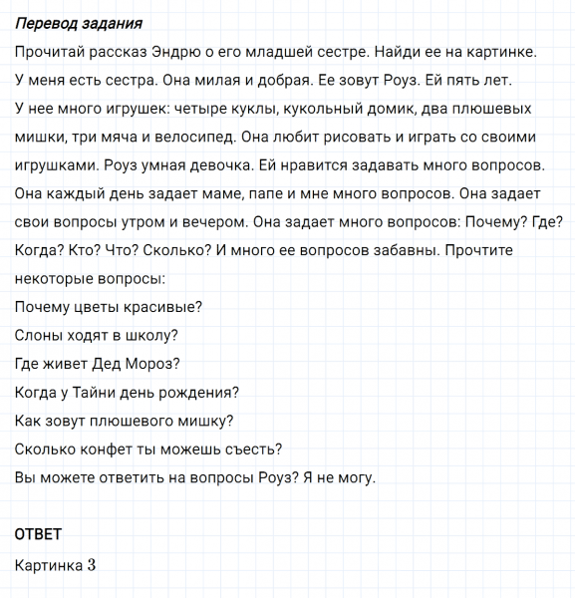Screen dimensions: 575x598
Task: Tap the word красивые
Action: pos(163,307)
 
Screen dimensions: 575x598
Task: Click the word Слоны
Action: pos(39,336)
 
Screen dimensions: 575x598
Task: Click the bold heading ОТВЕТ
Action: pos(39,535)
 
